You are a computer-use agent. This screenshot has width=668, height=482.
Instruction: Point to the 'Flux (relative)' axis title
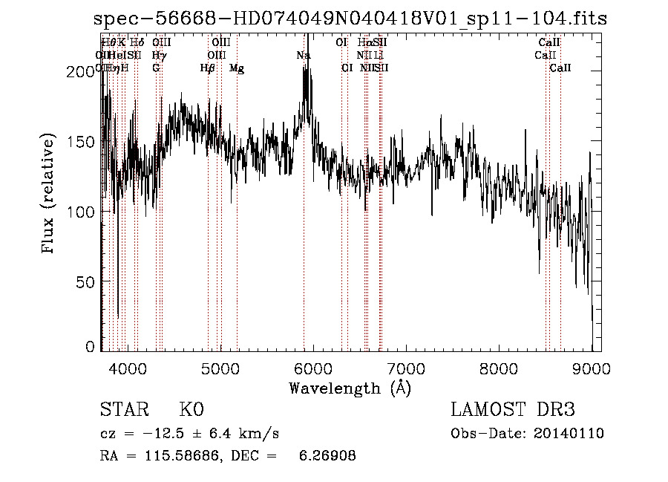pyautogui.click(x=49, y=195)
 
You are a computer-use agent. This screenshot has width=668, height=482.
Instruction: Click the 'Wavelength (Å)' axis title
pyautogui.click(x=350, y=388)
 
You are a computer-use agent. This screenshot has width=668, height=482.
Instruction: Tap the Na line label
pyautogui.click(x=303, y=56)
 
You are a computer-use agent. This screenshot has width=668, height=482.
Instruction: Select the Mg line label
pyautogui.click(x=237, y=68)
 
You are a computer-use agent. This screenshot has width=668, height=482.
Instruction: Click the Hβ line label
pyautogui.click(x=208, y=68)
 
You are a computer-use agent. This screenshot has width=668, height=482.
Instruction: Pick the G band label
pyautogui.click(x=156, y=68)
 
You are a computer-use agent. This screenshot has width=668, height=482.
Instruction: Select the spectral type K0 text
pyautogui.click(x=191, y=410)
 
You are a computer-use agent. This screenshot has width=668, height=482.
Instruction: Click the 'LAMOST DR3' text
pyautogui.click(x=513, y=410)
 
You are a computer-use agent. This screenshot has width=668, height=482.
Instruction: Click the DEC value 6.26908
pyautogui.click(x=328, y=456)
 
